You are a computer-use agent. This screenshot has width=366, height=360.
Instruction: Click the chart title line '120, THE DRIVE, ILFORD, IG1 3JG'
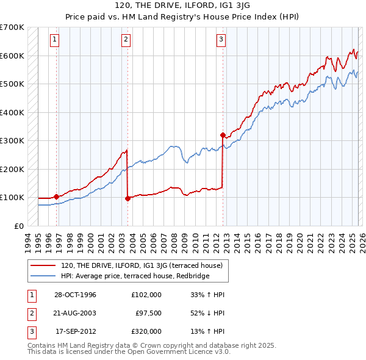[182, 5]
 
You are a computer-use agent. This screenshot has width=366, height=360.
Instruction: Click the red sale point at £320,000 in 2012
[223, 135]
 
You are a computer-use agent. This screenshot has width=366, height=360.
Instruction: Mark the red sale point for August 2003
[127, 198]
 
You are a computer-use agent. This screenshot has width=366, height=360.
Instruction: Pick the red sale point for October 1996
[56, 196]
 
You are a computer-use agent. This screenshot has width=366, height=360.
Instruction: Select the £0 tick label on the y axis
[18, 226]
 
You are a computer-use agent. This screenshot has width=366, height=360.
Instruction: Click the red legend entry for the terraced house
[145, 265]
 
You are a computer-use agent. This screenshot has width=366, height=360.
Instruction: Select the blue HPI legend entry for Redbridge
[135, 276]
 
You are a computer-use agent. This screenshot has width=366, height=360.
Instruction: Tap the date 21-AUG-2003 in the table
[76, 313]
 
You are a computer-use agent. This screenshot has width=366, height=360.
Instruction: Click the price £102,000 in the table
[146, 295]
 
